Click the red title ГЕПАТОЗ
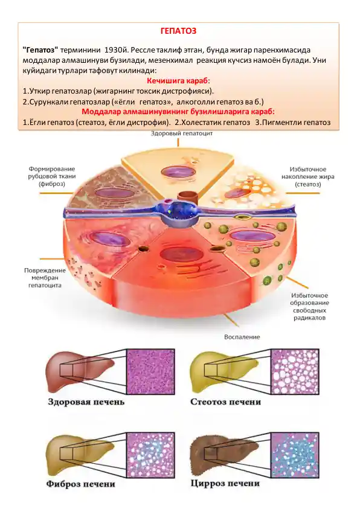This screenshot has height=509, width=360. point(179,31)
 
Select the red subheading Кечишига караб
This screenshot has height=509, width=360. point(178,81)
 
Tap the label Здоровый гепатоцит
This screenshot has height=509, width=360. point(182,133)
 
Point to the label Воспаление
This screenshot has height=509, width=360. point(242,337)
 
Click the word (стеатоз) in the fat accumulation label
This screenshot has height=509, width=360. point(307,184)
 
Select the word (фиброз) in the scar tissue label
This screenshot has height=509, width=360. point(51,184)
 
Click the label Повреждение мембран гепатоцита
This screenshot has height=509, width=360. point(45,278)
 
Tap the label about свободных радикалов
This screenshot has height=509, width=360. point(309,307)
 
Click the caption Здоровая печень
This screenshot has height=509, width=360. point(86,402)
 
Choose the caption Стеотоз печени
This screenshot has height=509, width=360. point(226,402)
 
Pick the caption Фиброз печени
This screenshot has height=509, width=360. point(81,484)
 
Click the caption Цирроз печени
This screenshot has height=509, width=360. point(225,484)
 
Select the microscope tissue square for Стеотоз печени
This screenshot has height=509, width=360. point(295,372)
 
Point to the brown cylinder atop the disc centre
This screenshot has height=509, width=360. point(189,197)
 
